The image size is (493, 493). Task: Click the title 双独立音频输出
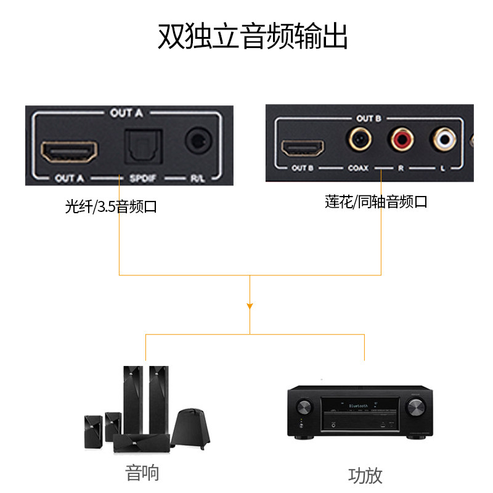pos(253,36)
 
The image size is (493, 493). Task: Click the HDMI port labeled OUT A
pos(70,152)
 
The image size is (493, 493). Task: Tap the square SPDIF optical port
pos(143,146)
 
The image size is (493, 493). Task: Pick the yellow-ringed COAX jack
pos(359,141)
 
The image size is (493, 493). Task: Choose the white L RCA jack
pos(444,140)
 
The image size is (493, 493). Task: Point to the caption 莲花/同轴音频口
pos(376,202)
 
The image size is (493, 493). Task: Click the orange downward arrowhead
pos(250,305)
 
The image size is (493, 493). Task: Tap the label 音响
pos(142,473)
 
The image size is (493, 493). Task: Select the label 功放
pos(365,475)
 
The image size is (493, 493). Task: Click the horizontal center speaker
pos(141,441)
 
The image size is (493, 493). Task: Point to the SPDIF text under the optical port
pos(143,179)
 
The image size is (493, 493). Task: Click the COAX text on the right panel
pos(359,168)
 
